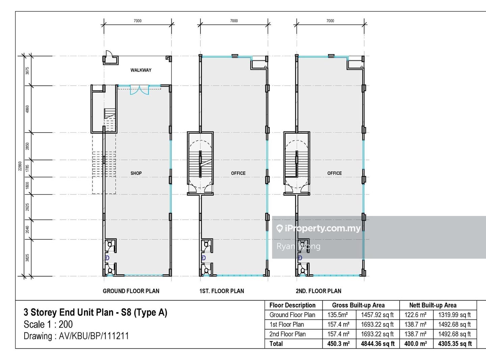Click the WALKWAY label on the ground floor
pyautogui.click(x=141, y=70)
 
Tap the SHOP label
pyautogui.click(x=136, y=173)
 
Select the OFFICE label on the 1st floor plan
pyautogui.click(x=238, y=173)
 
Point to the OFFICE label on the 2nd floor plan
pyautogui.click(x=334, y=173)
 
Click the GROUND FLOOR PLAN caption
pyautogui.click(x=131, y=291)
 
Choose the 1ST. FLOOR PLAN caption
pyautogui.click(x=221, y=291)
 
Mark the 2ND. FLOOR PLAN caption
pyautogui.click(x=318, y=291)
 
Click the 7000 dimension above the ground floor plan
pyautogui.click(x=138, y=21)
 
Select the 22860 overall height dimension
pyautogui.click(x=20, y=166)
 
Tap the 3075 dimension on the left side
pyautogui.click(x=27, y=71)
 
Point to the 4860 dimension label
pyautogui.click(x=27, y=109)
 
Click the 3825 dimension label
pyautogui.click(x=27, y=258)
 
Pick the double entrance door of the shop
pyautogui.click(x=140, y=90)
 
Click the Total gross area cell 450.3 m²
pyautogui.click(x=338, y=343)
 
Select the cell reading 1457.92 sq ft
pyautogui.click(x=377, y=315)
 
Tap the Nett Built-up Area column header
pyautogui.click(x=433, y=305)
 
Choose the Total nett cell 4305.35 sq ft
pyautogui.click(x=455, y=343)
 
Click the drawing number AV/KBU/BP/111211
pyautogui.click(x=94, y=336)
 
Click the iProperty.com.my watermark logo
pyautogui.click(x=318, y=228)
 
